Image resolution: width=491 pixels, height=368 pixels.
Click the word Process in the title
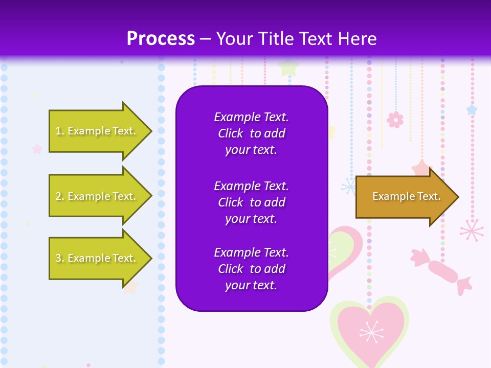click(x=161, y=39)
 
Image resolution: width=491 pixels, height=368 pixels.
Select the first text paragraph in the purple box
click(x=251, y=133)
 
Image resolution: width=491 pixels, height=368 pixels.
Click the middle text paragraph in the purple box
click(x=251, y=202)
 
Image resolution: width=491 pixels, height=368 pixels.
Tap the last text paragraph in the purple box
click(x=251, y=269)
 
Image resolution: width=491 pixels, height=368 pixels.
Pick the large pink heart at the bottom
click(x=369, y=330)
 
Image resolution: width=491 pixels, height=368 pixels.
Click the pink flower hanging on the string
click(x=395, y=120)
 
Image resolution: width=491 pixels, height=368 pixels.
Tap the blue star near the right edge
click(x=472, y=109)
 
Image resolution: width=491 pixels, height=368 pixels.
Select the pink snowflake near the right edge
click(x=472, y=230)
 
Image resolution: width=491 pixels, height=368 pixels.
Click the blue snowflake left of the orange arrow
click(x=350, y=186)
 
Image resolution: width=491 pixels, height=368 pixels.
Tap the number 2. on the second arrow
click(x=60, y=196)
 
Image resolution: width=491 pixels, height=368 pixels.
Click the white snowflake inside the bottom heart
click(x=371, y=332)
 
